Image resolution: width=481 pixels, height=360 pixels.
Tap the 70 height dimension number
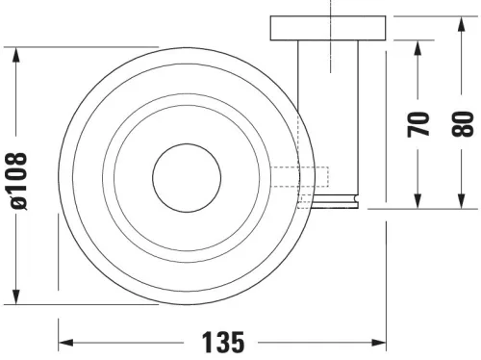418,123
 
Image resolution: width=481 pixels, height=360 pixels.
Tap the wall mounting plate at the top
330,28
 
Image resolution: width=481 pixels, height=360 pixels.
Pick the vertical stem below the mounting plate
330,116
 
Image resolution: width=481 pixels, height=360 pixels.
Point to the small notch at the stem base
357,201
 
